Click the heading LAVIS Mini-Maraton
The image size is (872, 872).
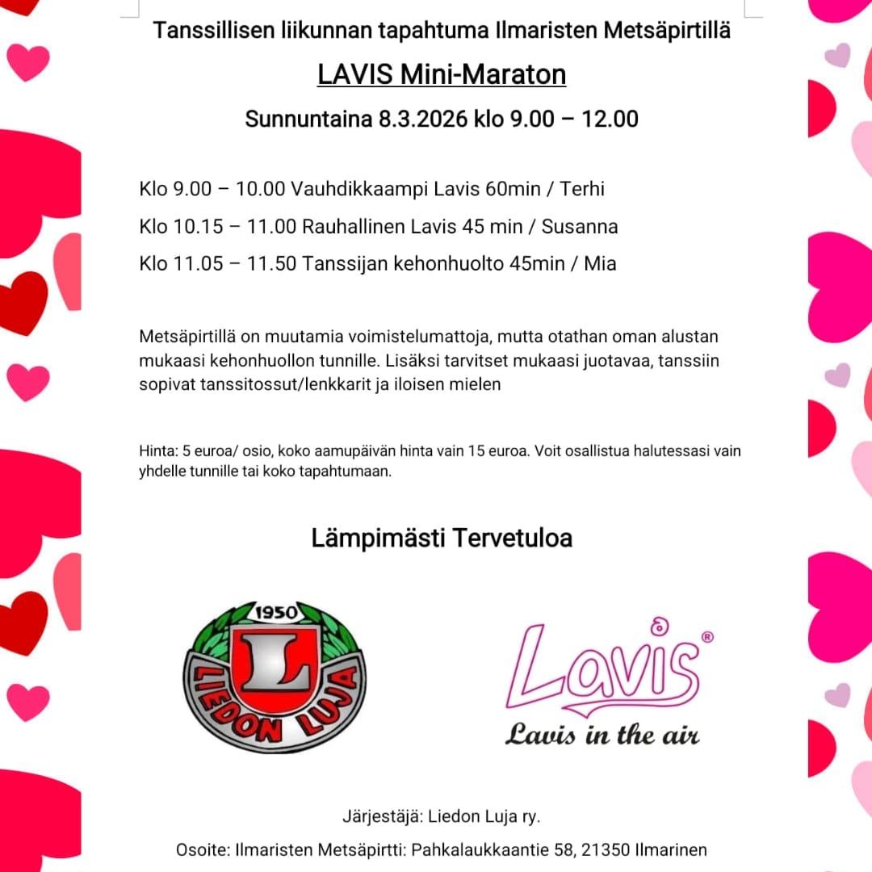[442, 74]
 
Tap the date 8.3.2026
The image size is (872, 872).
[422, 119]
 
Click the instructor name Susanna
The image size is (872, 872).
[580, 226]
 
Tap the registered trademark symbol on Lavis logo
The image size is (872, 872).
[707, 637]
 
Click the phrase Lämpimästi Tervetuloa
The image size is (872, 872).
[442, 538]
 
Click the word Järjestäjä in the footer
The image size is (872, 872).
[378, 816]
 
